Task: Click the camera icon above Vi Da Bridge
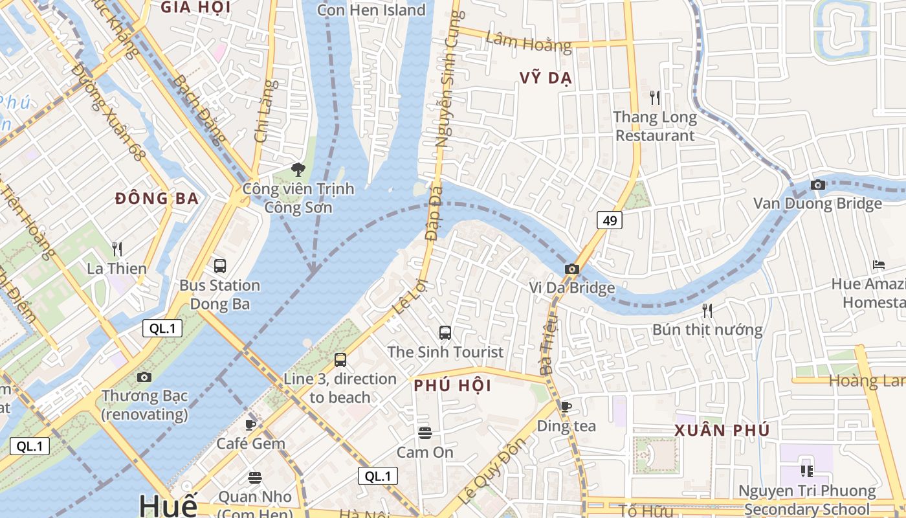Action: tap(571, 269)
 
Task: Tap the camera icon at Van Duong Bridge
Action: tap(817, 185)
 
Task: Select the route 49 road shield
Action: tap(609, 221)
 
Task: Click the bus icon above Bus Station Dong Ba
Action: tap(220, 265)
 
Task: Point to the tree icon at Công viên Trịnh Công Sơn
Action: tap(298, 170)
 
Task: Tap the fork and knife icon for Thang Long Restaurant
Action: tap(655, 98)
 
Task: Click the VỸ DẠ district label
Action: tap(546, 78)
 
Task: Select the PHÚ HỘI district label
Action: tap(452, 386)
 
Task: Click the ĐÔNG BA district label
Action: tap(157, 199)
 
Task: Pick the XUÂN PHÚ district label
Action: tap(722, 431)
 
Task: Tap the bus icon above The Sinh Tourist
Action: tap(445, 333)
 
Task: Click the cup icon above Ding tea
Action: tap(566, 407)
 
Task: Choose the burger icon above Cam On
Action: tap(425, 433)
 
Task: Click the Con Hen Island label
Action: tap(371, 10)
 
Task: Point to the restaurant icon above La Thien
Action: tap(117, 249)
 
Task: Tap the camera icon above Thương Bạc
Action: tap(144, 377)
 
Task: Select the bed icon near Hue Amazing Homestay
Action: tap(878, 264)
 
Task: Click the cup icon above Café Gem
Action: tap(250, 425)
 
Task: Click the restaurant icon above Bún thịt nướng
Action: tap(707, 311)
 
